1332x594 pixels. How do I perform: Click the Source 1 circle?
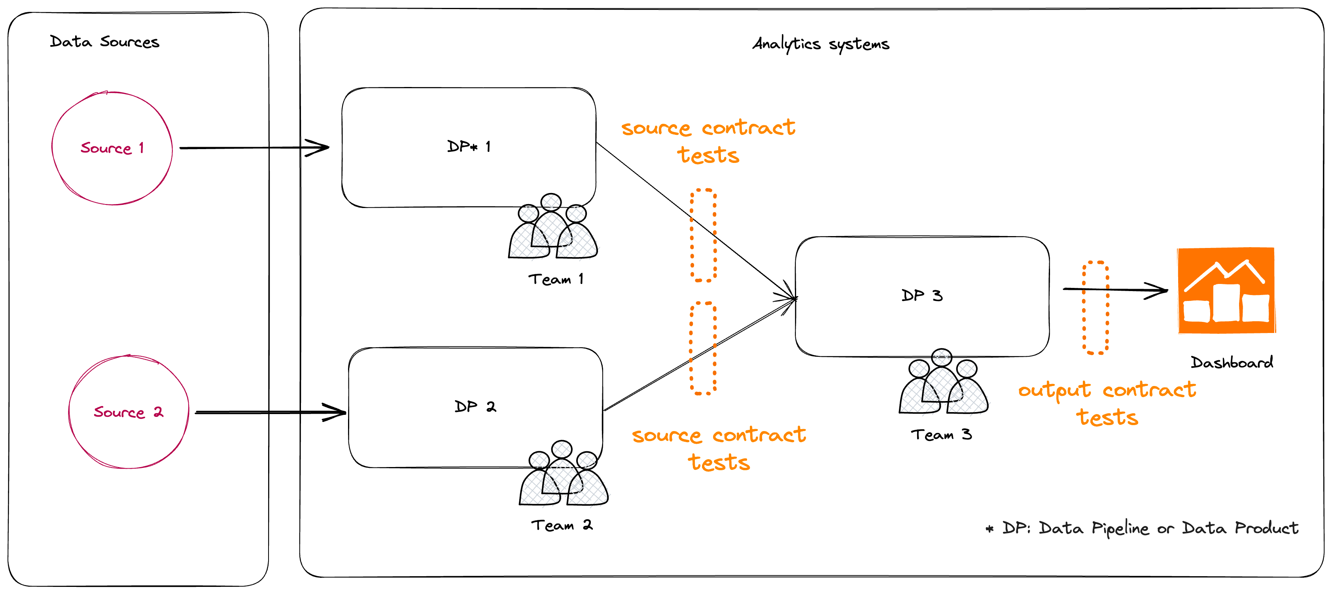(x=112, y=148)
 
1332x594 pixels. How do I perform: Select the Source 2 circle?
(x=129, y=412)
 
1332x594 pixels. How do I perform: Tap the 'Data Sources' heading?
(x=104, y=42)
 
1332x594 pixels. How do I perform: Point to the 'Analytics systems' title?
(x=821, y=44)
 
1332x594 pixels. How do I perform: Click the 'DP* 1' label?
(x=469, y=147)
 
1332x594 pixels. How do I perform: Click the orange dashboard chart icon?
(x=1226, y=291)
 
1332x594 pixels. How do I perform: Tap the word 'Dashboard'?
(x=1232, y=362)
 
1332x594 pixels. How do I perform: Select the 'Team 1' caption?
(x=556, y=280)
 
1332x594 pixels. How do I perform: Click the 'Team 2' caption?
(x=562, y=526)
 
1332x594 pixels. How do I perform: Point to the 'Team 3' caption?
(x=941, y=435)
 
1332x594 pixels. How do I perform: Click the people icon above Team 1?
(x=552, y=227)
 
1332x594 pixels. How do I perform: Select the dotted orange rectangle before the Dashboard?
(x=1095, y=308)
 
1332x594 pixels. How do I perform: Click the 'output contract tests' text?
(x=1107, y=403)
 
